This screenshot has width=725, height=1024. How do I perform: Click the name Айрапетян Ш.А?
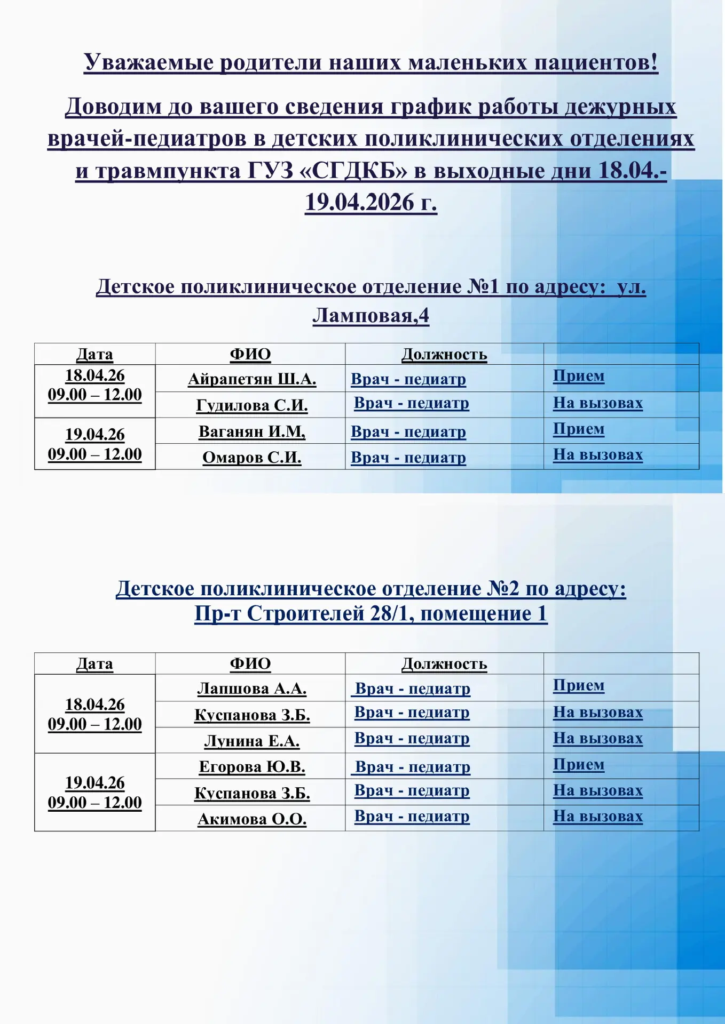(251, 379)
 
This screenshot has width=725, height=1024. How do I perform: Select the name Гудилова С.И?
(251, 405)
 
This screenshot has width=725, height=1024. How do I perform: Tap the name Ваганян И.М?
(251, 431)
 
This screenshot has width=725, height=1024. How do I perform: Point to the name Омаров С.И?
(251, 458)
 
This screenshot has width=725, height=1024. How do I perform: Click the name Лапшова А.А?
(251, 689)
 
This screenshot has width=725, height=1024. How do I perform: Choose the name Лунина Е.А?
(251, 741)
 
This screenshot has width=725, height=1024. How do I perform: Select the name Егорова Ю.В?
(251, 767)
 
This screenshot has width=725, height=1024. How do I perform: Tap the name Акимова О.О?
(251, 819)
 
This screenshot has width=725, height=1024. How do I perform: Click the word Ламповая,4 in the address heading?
(371, 316)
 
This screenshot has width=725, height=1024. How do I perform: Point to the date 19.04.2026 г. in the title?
(371, 203)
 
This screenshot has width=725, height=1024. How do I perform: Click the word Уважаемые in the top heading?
(149, 62)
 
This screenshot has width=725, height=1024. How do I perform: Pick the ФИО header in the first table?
(250, 354)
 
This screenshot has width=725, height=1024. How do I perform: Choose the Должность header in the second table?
(444, 664)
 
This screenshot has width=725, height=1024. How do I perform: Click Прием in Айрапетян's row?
(578, 376)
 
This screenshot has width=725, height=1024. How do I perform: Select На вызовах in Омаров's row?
(597, 455)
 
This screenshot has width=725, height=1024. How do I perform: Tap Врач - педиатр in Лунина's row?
(412, 739)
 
